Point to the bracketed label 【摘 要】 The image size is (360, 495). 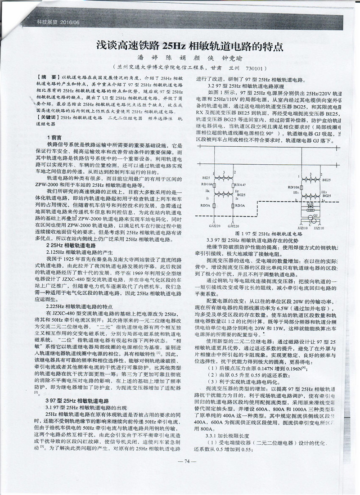tap(47, 78)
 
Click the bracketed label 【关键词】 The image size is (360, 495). tap(47, 117)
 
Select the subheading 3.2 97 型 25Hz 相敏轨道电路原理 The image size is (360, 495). tap(239, 85)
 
